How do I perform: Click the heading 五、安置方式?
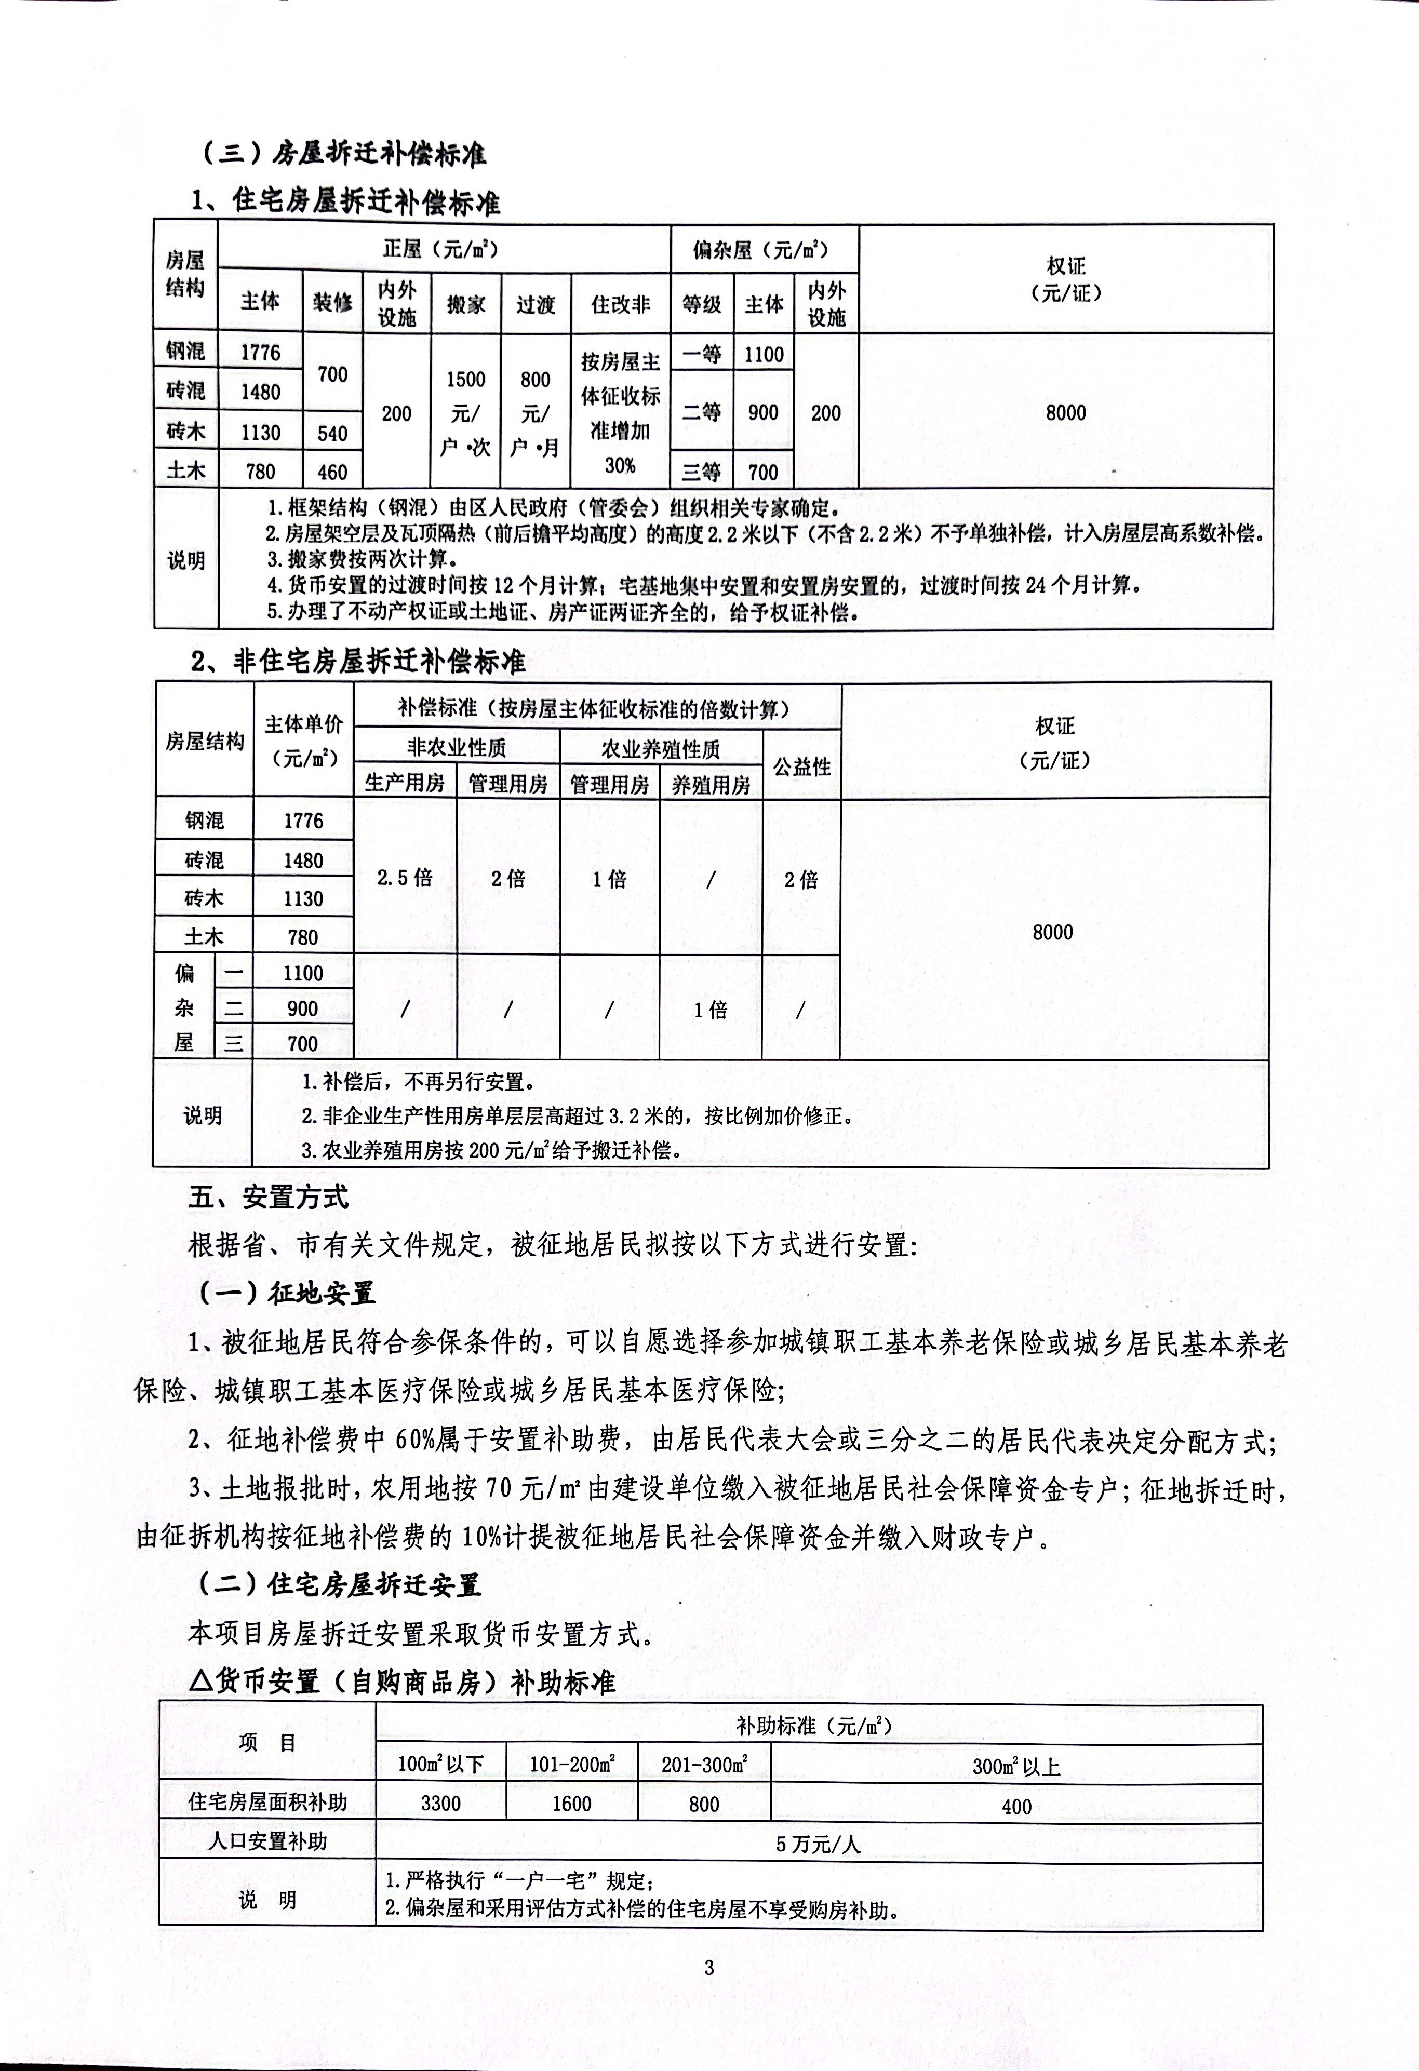click(x=269, y=1197)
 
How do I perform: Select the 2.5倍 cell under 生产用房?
click(x=405, y=878)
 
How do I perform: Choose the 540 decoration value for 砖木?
click(x=332, y=433)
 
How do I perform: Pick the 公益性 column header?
click(x=801, y=766)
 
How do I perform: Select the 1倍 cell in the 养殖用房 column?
click(x=711, y=1009)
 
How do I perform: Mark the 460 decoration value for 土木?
click(x=332, y=472)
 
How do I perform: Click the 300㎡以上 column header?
click(x=1016, y=1766)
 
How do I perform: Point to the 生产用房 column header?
click(x=405, y=783)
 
